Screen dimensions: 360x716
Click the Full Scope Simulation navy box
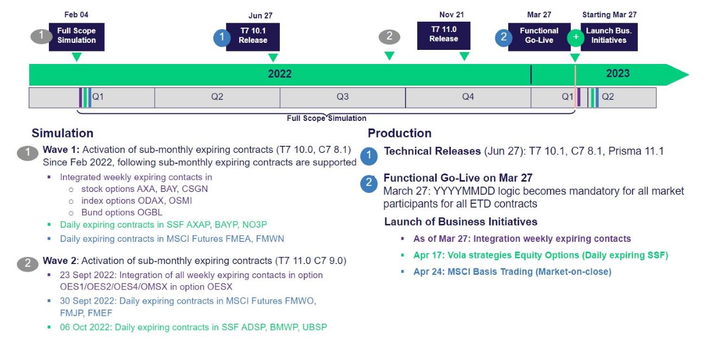(76, 36)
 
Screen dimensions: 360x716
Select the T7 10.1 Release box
(253, 36)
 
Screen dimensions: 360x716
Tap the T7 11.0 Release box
(444, 35)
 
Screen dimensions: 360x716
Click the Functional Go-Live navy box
(539, 36)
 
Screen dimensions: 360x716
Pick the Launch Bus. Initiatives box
(609, 36)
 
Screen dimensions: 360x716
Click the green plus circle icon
(575, 37)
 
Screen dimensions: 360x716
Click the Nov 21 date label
(451, 15)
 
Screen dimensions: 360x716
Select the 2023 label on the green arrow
(617, 74)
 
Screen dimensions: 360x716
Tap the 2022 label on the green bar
(279, 74)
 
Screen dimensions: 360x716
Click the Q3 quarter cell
(342, 98)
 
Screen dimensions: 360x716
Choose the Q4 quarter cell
(468, 98)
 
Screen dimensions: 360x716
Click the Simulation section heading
(62, 133)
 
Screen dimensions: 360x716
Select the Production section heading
(399, 133)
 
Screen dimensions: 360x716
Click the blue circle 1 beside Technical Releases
(369, 156)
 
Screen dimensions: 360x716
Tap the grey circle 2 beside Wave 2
(27, 264)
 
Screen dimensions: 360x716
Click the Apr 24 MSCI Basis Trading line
(512, 272)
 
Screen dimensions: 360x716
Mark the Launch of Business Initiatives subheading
(461, 222)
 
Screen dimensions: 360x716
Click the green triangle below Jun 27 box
(273, 57)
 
